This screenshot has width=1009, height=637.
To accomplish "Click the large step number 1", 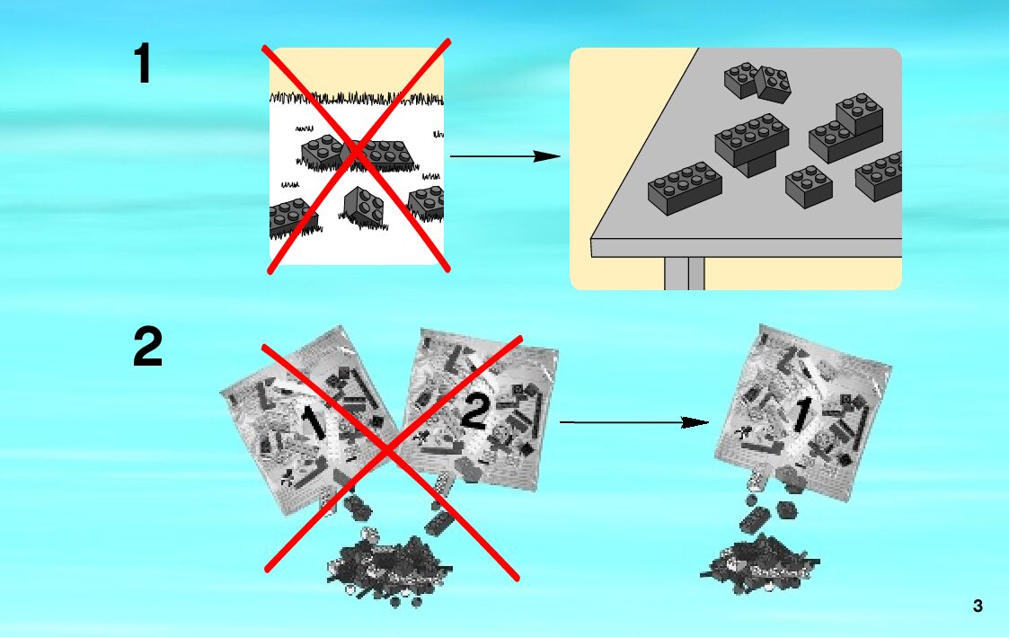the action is coord(143,65).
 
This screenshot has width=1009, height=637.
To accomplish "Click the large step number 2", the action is coord(147,348).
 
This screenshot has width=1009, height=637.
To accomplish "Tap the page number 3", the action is coord(978,606).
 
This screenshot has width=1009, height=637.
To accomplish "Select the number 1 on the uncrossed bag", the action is coord(799,414).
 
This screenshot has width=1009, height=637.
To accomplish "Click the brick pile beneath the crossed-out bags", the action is coord(389,566).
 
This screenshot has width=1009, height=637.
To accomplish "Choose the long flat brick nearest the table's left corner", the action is coord(685,188).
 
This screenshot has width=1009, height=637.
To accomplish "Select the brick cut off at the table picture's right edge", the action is coord(880,177).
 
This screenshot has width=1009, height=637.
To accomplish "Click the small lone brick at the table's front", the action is coord(808,186).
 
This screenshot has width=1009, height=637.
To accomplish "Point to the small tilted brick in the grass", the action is coord(363,206).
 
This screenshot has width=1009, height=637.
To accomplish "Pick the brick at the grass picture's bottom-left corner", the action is coord(289,218).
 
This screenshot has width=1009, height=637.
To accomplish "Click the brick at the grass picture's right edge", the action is coord(427,203).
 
